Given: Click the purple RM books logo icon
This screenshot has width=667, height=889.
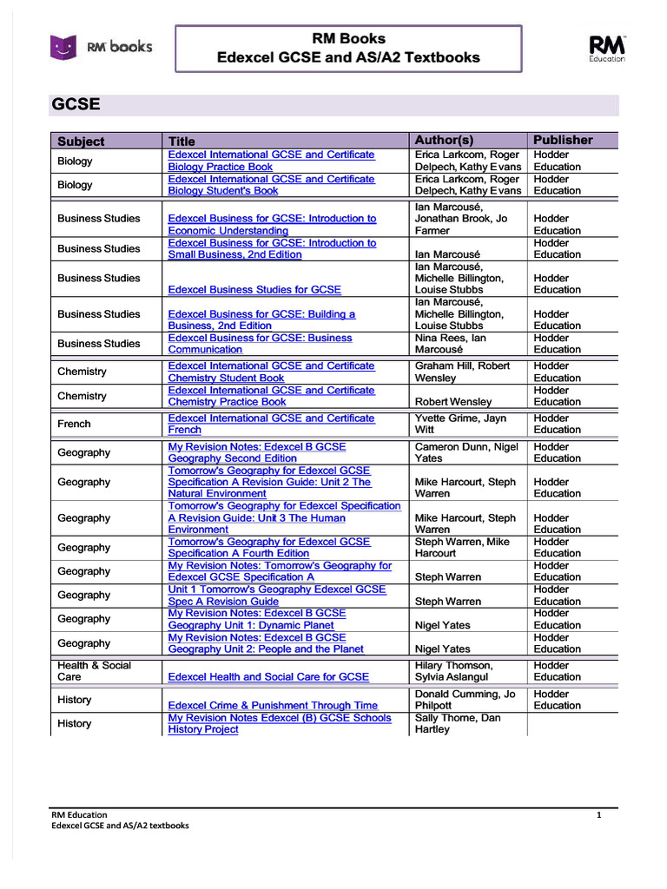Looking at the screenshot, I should (x=63, y=47).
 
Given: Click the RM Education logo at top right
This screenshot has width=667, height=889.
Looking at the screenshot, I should (x=607, y=48).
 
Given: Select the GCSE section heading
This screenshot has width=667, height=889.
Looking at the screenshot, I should (x=76, y=105).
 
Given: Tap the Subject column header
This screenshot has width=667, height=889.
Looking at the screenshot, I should (x=81, y=142).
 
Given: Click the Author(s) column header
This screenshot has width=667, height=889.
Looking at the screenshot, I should (x=444, y=140).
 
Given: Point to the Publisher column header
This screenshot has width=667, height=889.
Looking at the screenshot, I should (x=563, y=140).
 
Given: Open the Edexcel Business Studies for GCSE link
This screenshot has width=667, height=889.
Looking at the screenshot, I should (x=254, y=289).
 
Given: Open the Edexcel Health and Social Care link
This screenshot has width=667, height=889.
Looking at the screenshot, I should (x=268, y=676).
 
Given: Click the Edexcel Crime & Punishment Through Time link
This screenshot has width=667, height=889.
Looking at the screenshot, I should (x=273, y=705).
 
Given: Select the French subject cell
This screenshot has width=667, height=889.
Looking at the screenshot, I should (x=74, y=424).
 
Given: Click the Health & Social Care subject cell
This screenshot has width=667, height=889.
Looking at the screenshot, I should (x=94, y=671).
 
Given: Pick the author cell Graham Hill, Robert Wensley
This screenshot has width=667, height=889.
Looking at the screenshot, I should (x=462, y=372).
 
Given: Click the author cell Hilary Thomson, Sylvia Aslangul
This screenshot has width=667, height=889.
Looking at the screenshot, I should (x=454, y=671).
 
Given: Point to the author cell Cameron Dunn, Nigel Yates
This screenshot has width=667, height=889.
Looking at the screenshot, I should (x=466, y=452).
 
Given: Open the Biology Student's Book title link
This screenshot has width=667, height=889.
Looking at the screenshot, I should (x=271, y=185).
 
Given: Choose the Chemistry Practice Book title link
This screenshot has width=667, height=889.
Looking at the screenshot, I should (x=271, y=396).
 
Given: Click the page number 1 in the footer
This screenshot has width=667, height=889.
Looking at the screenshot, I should (x=598, y=814).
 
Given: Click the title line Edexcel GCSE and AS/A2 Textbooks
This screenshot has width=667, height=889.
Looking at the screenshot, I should (x=347, y=57).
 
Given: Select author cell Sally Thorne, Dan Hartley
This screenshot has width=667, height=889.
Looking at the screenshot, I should (x=457, y=723).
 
